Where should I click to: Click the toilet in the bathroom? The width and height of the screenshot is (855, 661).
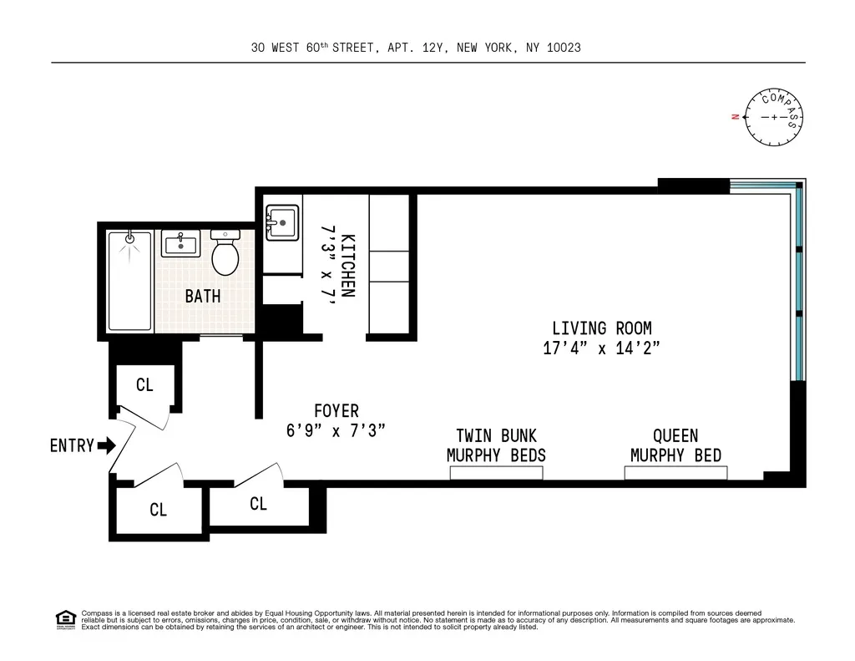(x=225, y=255)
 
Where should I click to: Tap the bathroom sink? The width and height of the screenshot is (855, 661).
(x=180, y=245)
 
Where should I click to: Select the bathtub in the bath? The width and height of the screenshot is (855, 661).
(x=129, y=281)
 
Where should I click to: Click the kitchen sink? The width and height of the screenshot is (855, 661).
(x=282, y=222)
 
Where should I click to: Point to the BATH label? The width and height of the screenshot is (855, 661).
(x=203, y=296)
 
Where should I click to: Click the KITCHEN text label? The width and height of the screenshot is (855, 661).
(x=349, y=265)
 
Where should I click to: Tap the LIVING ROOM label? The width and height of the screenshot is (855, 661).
(x=601, y=328)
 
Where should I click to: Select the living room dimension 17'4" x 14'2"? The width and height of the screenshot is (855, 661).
(x=601, y=348)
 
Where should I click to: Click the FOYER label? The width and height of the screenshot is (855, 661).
(x=336, y=411)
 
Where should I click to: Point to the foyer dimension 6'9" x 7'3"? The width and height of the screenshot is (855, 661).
(x=336, y=431)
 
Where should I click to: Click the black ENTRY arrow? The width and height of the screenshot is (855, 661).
(x=106, y=445)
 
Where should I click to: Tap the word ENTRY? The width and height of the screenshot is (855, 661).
(x=72, y=445)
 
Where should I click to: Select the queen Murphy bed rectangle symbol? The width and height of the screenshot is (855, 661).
(x=675, y=473)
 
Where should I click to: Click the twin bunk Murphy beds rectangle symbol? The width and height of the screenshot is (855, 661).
(x=496, y=473)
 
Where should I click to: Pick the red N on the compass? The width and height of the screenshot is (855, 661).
(x=734, y=117)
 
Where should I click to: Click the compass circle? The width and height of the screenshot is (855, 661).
(x=774, y=117)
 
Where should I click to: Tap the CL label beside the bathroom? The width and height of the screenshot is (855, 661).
(x=144, y=385)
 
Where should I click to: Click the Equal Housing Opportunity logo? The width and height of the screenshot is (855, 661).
(x=65, y=619)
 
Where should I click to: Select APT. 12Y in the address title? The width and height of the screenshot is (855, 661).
(x=417, y=48)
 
